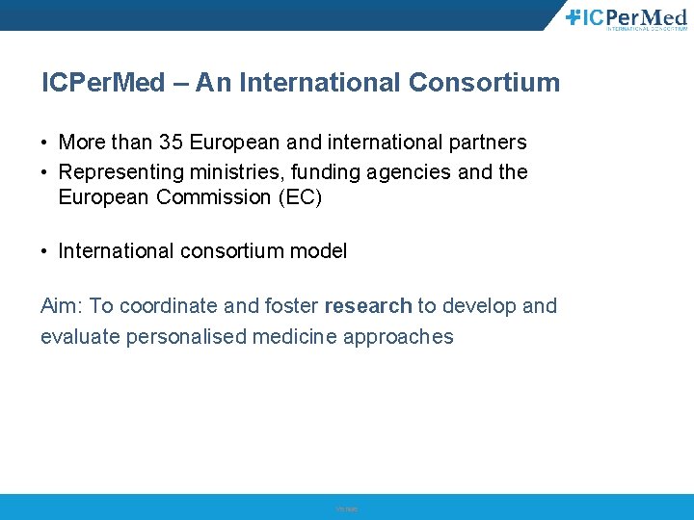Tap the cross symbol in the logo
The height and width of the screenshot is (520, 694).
[573, 15]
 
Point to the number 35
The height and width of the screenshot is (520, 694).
[172, 143]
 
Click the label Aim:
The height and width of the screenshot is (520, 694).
[62, 306]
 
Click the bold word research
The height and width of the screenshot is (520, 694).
[368, 306]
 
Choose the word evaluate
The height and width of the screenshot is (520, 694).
[80, 336]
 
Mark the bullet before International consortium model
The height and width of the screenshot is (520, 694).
[45, 252]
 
